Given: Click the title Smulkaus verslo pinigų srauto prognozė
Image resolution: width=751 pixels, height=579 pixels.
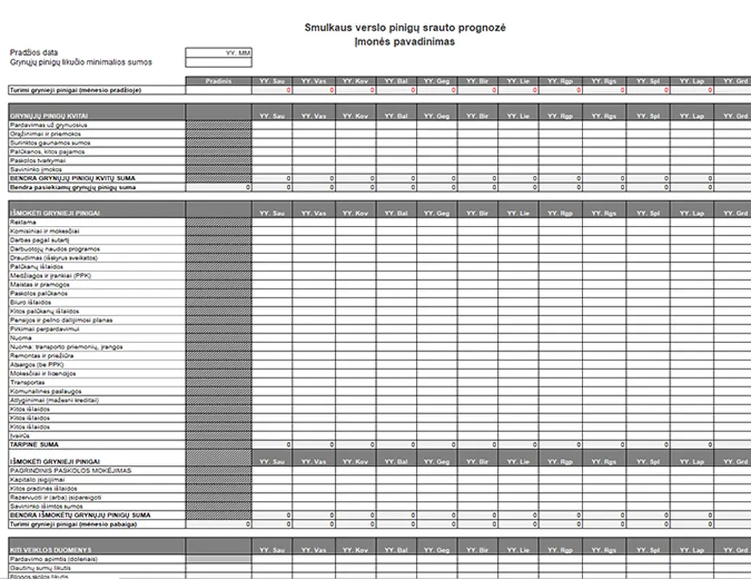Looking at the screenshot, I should [404, 28].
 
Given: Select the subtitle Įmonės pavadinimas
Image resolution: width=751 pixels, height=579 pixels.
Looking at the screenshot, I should [404, 41].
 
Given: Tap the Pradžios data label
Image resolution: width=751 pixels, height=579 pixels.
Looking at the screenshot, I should [34, 53].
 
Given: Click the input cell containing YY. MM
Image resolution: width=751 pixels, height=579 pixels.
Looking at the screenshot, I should [218, 53].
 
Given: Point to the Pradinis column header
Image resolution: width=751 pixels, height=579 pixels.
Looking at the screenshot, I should [218, 81].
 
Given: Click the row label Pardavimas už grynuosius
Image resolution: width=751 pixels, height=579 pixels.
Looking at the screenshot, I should [44, 125].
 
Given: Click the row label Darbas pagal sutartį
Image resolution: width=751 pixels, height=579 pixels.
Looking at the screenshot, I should [39, 240].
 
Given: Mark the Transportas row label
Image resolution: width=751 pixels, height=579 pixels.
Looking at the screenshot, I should [27, 382].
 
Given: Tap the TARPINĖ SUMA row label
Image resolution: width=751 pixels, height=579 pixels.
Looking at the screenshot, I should [34, 444].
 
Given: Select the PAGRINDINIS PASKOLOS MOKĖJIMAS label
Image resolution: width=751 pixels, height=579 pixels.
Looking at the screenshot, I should [70, 470].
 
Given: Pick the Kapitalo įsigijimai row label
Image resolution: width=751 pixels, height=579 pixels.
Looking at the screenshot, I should [38, 480].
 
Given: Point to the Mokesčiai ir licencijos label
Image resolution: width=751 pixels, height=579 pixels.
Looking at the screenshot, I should [43, 373].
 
